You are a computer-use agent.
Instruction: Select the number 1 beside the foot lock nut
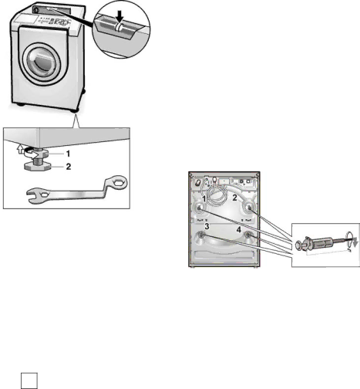pos(68,154)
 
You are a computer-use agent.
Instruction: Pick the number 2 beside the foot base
pos(69,167)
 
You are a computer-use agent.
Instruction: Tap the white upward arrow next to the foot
pos(20,149)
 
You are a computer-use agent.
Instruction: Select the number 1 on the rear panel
pos(204,198)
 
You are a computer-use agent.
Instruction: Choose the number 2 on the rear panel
pos(235,198)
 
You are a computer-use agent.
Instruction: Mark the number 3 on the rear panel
pos(207,226)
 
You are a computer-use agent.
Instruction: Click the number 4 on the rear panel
pos(239,230)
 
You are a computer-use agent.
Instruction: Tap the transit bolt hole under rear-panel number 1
pos(200,208)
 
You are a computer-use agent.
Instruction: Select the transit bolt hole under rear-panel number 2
pos(249,208)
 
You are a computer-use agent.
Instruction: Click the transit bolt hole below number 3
pos(201,235)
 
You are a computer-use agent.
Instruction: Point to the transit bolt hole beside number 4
pos(248,235)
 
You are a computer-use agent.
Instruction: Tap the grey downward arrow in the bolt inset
pos(355,242)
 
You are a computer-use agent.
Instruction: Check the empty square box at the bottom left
pos(29,381)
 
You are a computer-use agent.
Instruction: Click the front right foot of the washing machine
pos(74,110)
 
